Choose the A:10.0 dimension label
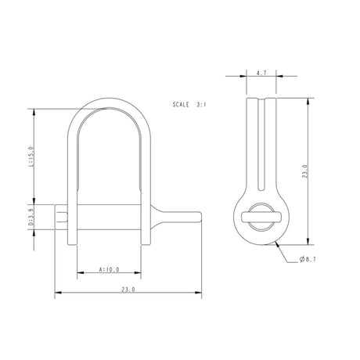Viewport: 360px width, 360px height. [109, 270]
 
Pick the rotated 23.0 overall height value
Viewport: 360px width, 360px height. [304, 171]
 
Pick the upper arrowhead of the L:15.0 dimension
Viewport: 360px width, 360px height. [34, 110]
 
